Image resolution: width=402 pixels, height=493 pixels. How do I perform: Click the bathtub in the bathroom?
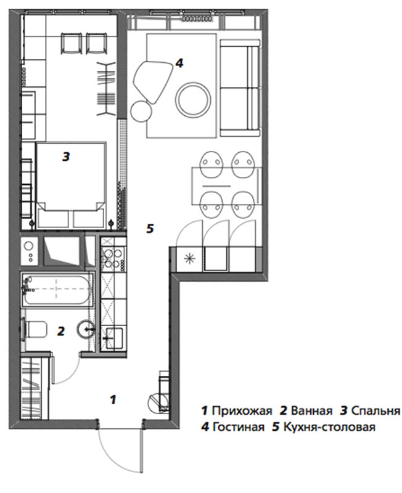coord(57,290)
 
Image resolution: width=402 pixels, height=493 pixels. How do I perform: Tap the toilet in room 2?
coord(34,330)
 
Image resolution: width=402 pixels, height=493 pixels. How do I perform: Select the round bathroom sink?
coord(86,328)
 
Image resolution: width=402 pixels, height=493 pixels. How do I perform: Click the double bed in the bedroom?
coord(71,185)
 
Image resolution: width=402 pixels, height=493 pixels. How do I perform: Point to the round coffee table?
coord(193,99)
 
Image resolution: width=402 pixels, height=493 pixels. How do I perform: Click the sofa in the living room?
coord(240,88)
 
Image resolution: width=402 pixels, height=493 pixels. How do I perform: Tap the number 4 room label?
coord(179,63)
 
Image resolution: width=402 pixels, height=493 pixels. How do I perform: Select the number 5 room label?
coord(150,228)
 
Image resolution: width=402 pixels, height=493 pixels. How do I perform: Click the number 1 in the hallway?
coord(113,399)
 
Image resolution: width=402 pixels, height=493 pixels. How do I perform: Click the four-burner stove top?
coord(113,258)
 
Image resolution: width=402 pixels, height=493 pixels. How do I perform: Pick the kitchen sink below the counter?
coord(114,338)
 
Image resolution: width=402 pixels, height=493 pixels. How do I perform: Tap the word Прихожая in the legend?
coord(242,410)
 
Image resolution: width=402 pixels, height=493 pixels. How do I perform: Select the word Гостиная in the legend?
coord(239,427)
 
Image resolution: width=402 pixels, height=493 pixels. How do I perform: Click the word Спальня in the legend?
coord(375,410)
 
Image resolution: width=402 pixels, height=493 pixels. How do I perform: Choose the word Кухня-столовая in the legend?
coord(329,427)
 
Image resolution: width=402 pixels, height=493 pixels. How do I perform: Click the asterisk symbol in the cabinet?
coord(190,259)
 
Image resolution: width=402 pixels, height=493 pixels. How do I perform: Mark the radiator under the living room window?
coord(197,19)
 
